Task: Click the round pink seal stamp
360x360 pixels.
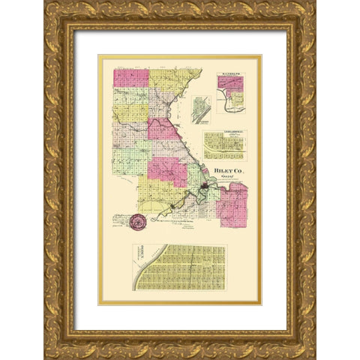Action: coord(138,222)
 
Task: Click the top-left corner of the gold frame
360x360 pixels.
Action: coord(46,3)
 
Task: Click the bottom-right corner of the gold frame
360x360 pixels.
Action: coord(313,357)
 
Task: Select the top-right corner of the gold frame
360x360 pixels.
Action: coord(313,3)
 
